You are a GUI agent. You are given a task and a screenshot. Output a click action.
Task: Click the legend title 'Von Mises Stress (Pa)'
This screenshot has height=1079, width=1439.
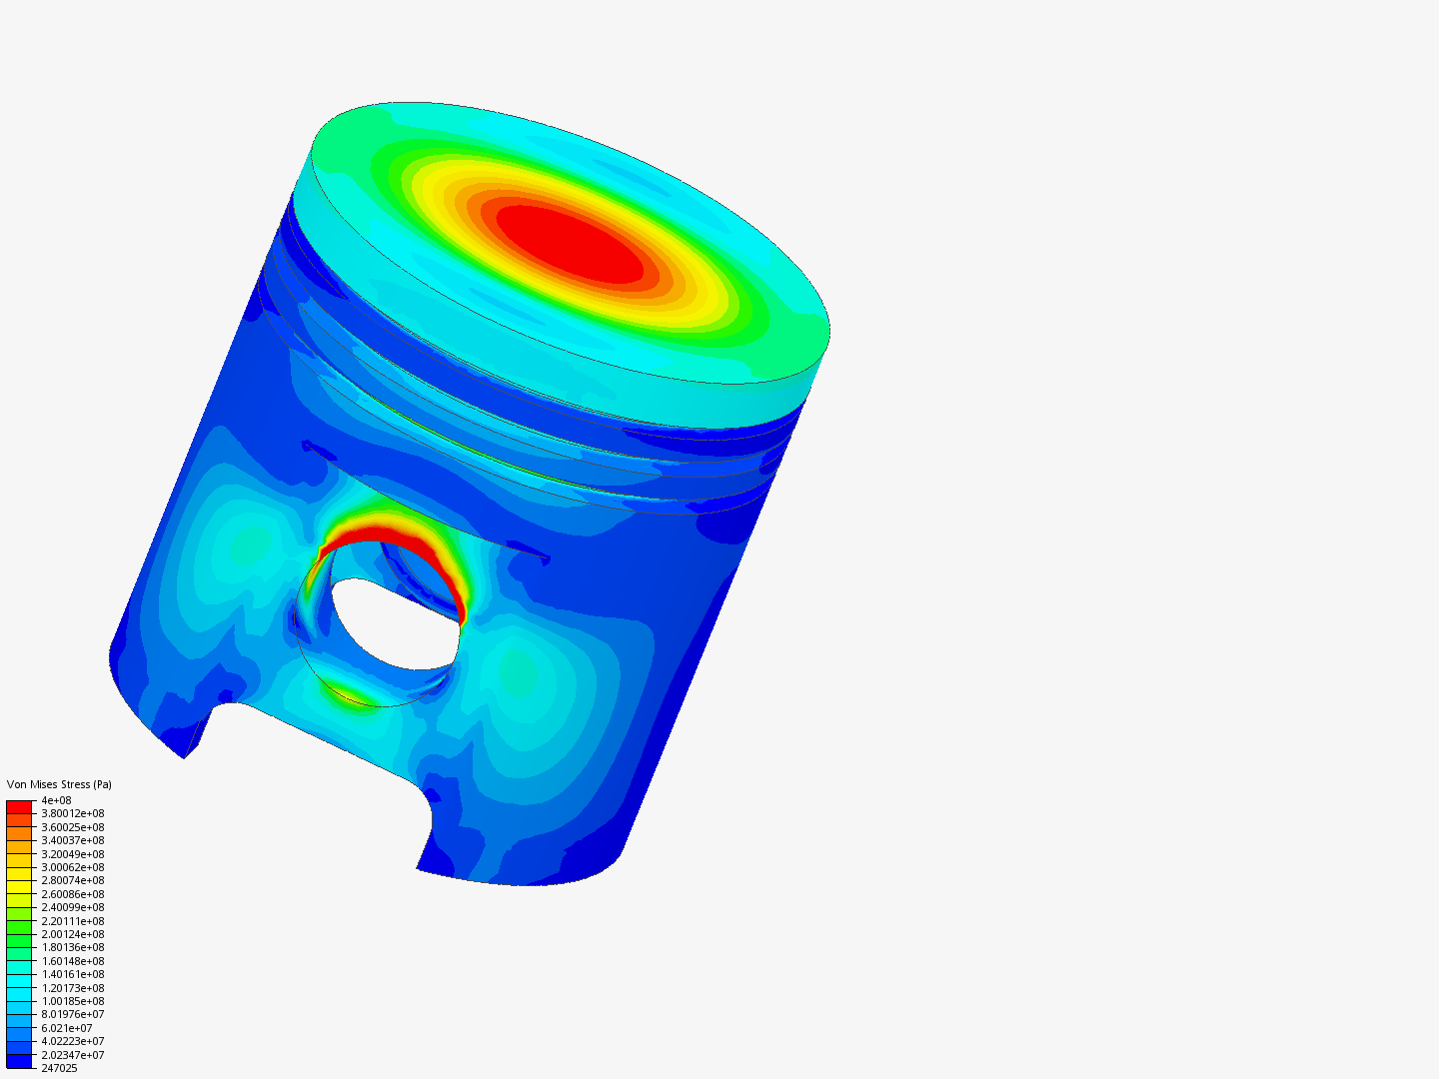59,784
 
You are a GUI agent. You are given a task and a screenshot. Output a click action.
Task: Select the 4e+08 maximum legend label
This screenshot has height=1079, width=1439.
56,800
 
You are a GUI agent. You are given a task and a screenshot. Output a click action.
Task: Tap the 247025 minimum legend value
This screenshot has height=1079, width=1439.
59,1068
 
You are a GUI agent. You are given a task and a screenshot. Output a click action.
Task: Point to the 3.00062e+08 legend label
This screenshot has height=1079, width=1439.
72,867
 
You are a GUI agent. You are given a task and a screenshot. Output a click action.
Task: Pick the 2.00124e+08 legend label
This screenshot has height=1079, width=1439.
72,934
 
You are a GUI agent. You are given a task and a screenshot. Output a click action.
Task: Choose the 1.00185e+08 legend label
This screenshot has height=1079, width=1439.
72,1001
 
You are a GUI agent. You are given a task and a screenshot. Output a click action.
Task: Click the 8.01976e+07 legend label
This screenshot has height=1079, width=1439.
72,1014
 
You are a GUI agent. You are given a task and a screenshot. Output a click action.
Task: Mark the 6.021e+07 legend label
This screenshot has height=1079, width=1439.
66,1028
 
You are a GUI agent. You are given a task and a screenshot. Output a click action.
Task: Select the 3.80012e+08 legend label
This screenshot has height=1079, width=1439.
72,813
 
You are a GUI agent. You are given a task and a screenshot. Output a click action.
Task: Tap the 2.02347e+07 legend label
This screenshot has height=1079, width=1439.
72,1055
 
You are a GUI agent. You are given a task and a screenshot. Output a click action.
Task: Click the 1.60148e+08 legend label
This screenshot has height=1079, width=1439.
72,961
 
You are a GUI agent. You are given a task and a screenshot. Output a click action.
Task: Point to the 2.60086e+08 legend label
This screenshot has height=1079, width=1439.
72,894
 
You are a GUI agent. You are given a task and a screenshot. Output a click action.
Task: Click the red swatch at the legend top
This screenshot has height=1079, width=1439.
19,806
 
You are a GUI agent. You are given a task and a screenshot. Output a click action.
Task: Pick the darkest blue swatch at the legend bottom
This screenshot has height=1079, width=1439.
19,1061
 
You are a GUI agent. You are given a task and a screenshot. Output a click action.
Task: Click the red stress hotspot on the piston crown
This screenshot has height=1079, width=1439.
570,243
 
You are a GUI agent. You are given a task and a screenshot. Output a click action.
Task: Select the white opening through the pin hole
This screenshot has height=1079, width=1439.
390,624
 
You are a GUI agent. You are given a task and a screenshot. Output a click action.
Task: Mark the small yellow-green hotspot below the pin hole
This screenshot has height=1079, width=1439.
350,694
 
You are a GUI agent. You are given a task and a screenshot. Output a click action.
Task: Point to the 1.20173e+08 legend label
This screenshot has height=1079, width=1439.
72,987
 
